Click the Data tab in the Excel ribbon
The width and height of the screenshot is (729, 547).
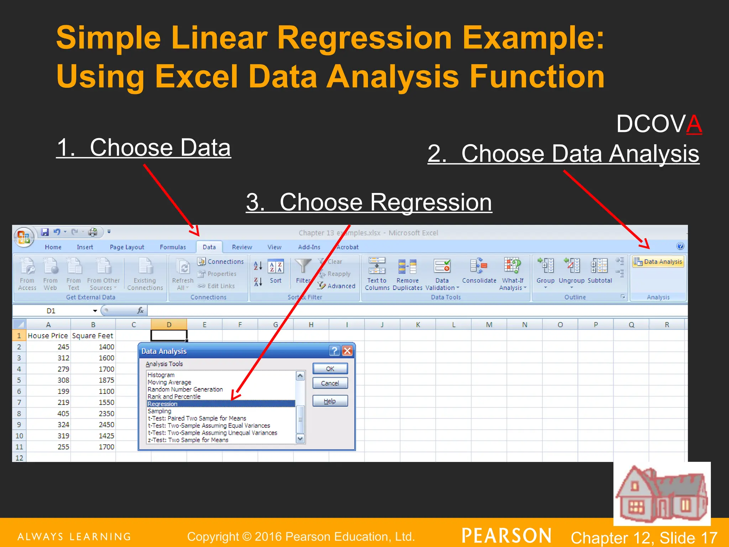[x=209, y=247]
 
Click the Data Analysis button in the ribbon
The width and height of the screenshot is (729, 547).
[x=658, y=262]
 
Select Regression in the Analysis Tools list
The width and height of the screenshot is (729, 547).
[x=220, y=404]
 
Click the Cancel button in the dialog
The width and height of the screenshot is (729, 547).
[x=330, y=383]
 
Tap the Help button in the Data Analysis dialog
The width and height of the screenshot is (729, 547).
[x=330, y=401]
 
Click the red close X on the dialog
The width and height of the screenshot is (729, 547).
[x=347, y=351]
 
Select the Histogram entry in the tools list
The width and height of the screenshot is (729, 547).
[x=161, y=375]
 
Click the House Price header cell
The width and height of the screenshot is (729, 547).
[x=48, y=335]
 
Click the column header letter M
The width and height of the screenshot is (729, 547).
[x=489, y=324]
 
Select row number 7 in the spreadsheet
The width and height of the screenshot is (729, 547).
[x=19, y=402]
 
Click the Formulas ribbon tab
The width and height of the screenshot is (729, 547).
[x=173, y=247]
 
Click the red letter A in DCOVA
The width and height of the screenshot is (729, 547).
[x=694, y=124]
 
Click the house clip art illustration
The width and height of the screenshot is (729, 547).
[x=662, y=494]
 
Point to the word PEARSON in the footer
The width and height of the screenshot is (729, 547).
[x=507, y=536]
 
